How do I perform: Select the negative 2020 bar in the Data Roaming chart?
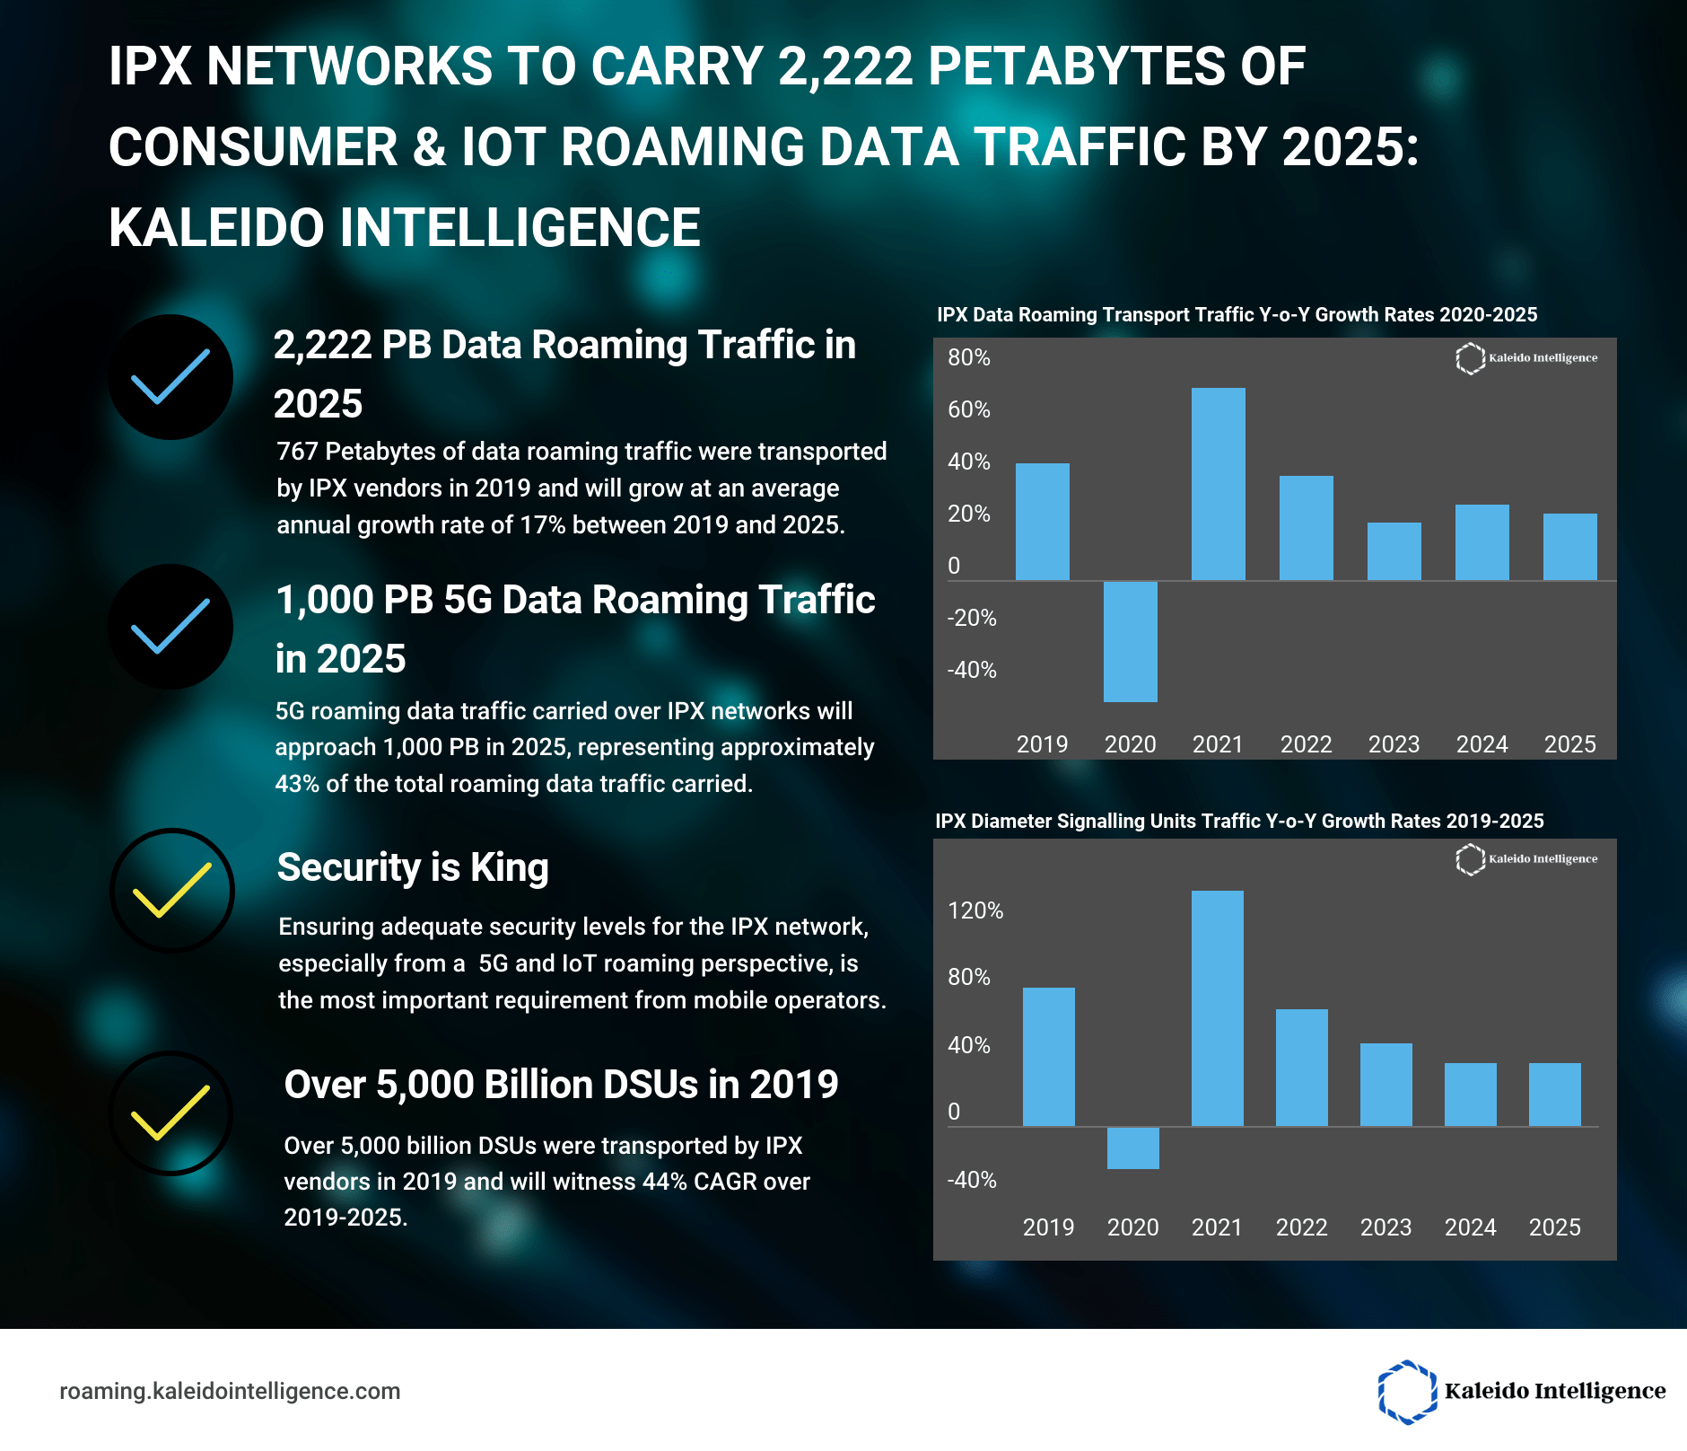pos(1130,641)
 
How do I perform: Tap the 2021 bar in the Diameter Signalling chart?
pos(1217,1007)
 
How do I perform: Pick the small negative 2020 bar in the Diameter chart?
pos(1132,1148)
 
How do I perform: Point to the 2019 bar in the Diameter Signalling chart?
pos(1048,1056)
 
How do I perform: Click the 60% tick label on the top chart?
pos(969,410)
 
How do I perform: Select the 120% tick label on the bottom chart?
pos(975,911)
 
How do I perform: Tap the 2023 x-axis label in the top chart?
pos(1394,744)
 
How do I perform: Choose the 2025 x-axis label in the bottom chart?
pos(1554,1227)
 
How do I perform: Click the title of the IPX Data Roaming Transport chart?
pos(1237,315)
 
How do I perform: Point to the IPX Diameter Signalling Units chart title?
pos(1239,822)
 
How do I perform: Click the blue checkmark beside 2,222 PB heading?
pos(170,377)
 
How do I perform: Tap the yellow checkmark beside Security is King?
pos(171,890)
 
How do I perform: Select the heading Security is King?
pos(413,868)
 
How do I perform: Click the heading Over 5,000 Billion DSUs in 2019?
pos(561,1085)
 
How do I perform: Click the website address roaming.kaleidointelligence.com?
pos(230,1391)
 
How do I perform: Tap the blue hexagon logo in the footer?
pos(1406,1392)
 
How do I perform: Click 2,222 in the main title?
pos(844,67)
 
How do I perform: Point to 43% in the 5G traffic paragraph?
pos(297,784)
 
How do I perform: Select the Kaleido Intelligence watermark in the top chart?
pos(1525,358)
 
